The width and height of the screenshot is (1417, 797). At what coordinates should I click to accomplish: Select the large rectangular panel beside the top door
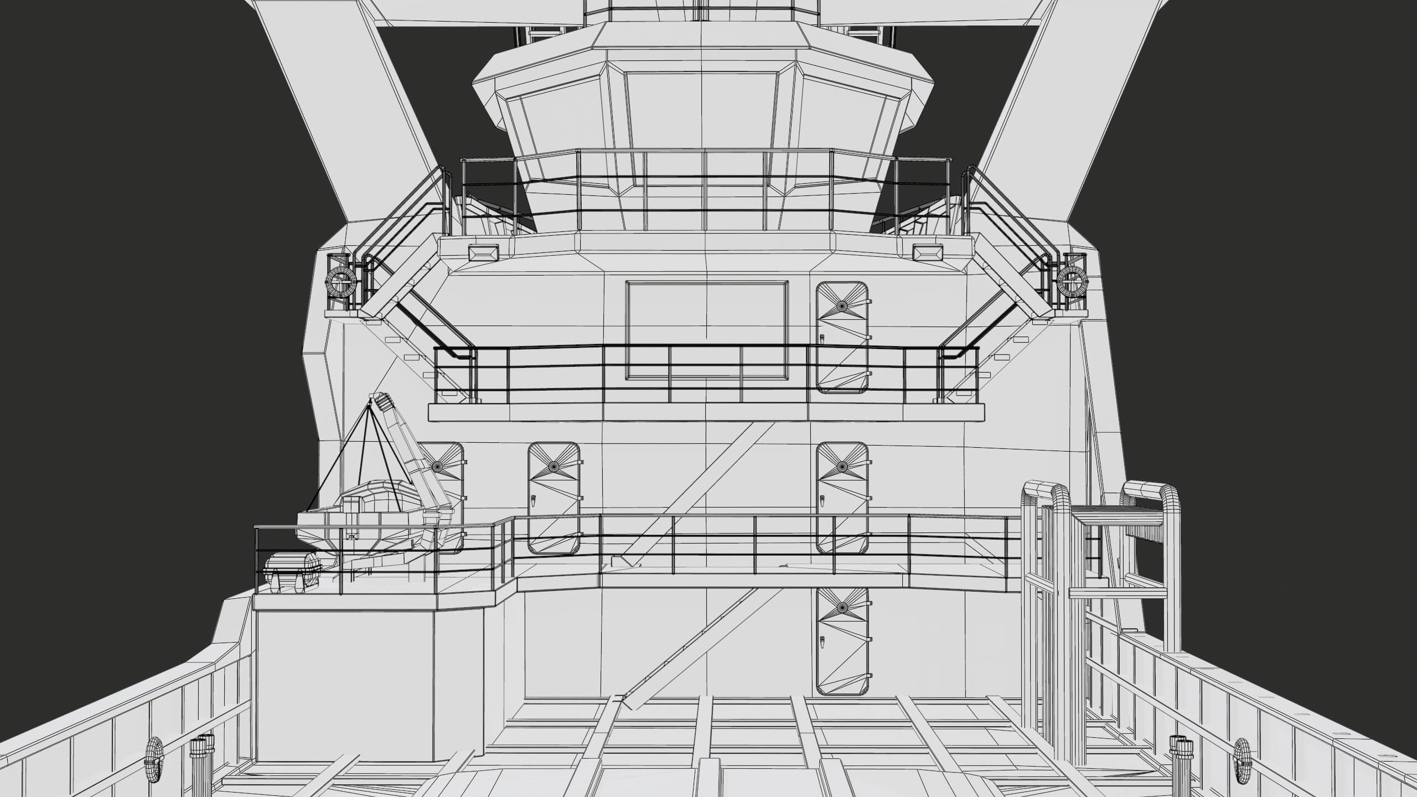coord(707,330)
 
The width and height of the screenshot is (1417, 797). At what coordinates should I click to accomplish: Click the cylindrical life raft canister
coord(292,573)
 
